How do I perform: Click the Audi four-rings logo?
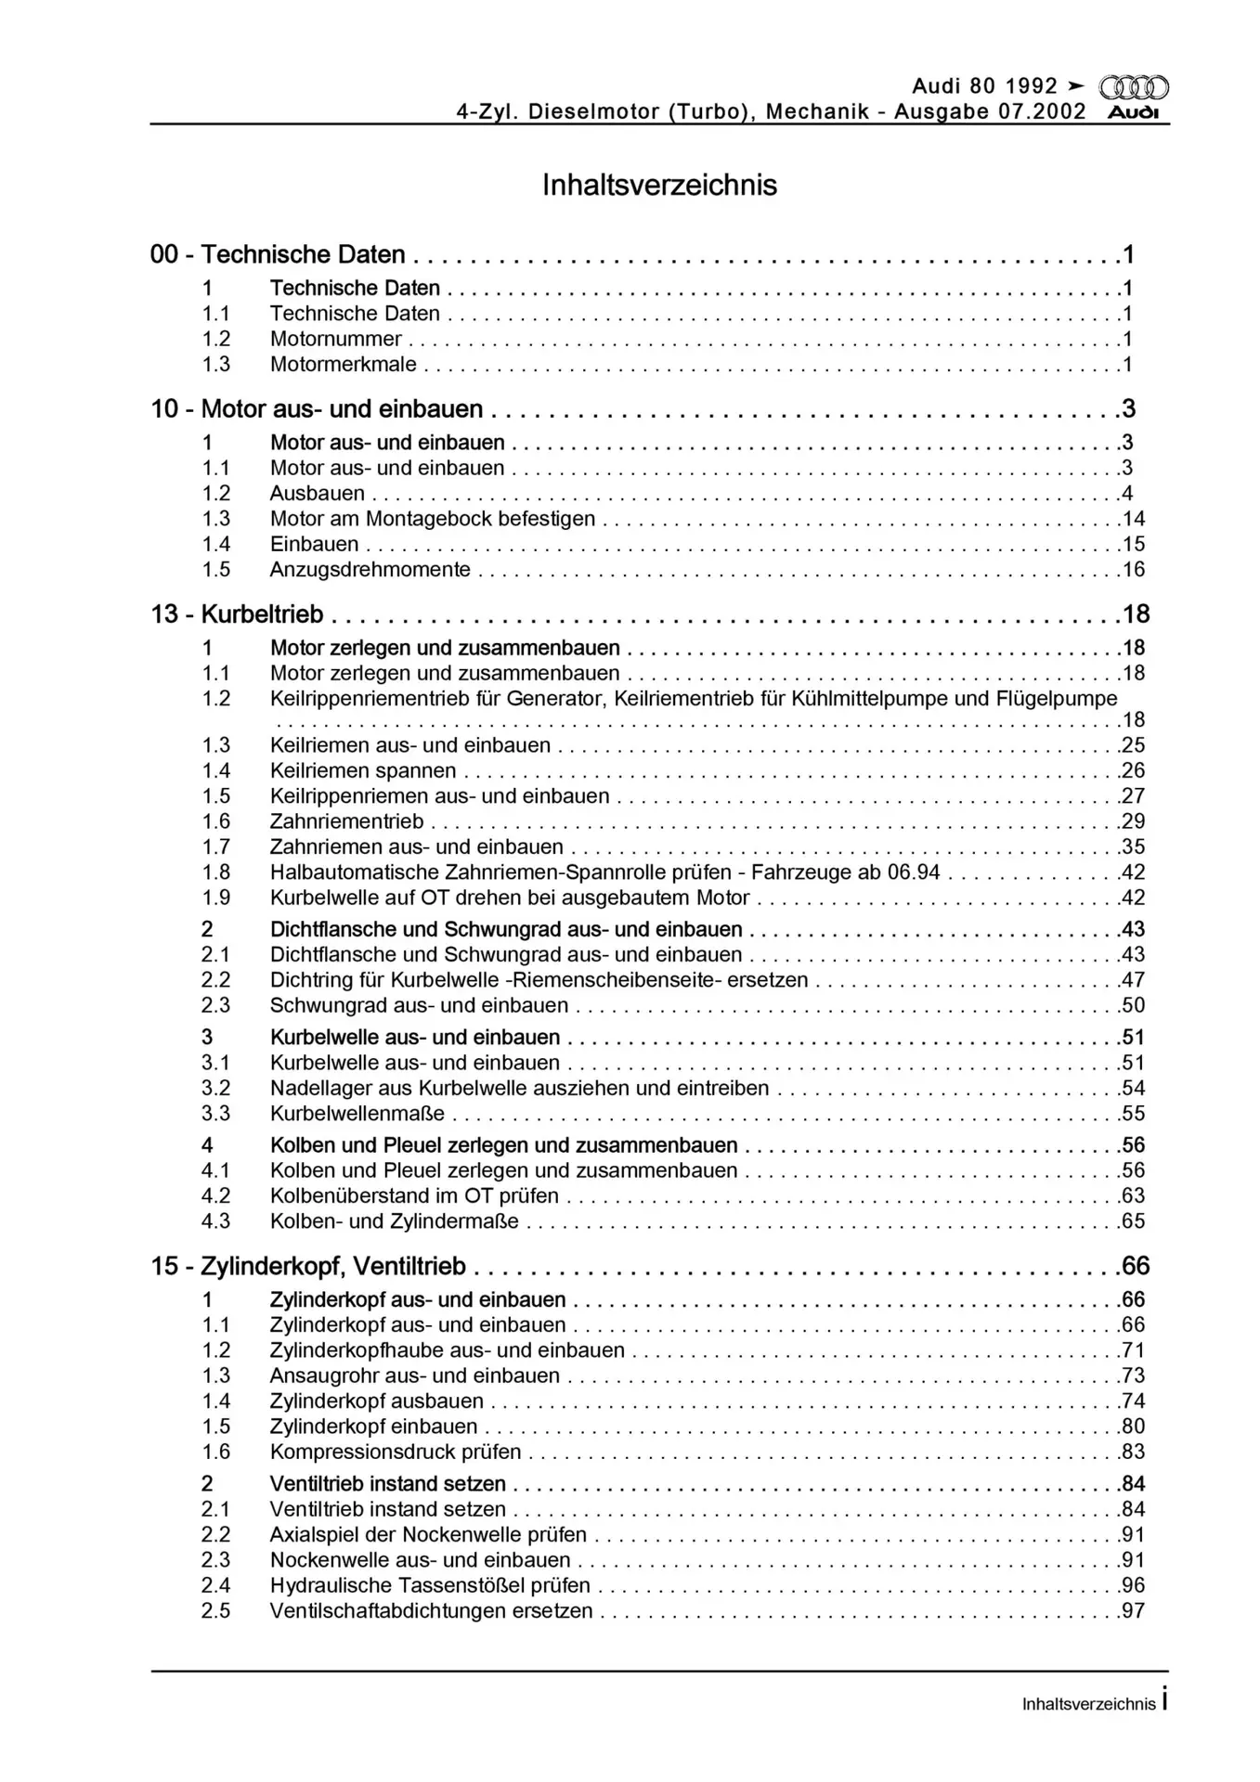1133,87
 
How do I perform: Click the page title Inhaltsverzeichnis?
659,185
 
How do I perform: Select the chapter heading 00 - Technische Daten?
278,254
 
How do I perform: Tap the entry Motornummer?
335,339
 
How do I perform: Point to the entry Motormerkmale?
343,365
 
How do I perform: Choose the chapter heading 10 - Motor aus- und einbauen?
317,409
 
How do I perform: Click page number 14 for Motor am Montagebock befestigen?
1133,519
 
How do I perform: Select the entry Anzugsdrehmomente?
370,570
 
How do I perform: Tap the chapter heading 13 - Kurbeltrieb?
237,614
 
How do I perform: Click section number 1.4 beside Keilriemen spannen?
215,770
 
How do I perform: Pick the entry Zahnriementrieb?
346,821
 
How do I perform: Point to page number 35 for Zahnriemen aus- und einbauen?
1133,846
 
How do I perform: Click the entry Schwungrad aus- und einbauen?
419,1005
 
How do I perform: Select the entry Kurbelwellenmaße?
357,1114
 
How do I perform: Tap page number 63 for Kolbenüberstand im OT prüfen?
1133,1195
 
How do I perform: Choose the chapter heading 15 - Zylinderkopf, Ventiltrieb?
308,1266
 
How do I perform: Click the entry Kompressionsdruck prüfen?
395,1452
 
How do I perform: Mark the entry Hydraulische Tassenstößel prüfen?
430,1585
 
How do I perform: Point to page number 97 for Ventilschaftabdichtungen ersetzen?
1133,1610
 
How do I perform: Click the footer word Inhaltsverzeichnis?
1088,1704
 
